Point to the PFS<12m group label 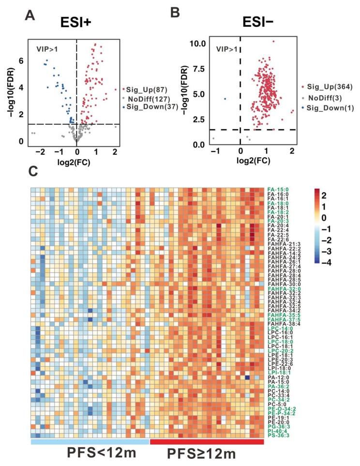[x=90, y=453]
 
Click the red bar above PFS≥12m [x=207, y=442]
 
